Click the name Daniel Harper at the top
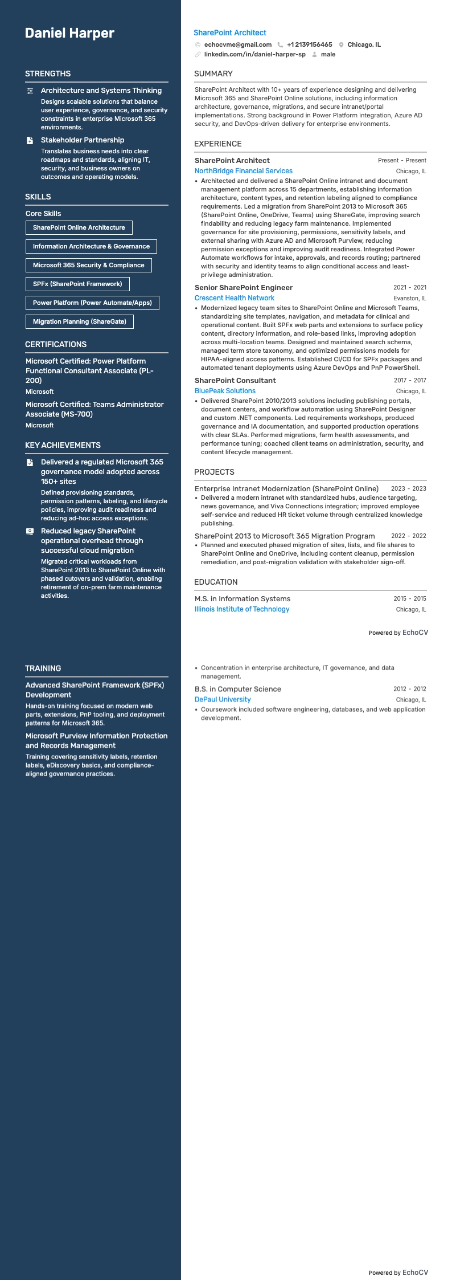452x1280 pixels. (69, 33)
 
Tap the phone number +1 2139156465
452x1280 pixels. (309, 44)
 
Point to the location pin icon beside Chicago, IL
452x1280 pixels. (341, 44)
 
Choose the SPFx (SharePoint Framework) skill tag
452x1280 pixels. (77, 284)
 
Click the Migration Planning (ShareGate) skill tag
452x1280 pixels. (80, 321)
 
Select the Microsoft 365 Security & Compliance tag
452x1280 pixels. (88, 265)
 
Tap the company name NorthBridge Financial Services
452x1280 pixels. (244, 171)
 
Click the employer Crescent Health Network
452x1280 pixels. (235, 298)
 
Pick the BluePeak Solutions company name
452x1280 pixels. (225, 391)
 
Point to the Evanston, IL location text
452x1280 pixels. (409, 298)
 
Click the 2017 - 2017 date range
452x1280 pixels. (410, 380)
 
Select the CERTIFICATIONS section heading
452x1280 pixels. (56, 344)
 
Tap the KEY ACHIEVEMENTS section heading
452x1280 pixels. (63, 445)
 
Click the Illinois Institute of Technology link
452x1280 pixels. (242, 609)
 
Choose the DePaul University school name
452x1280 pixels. (223, 699)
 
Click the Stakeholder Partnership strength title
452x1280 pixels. (83, 140)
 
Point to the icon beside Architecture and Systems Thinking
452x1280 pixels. (30, 91)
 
